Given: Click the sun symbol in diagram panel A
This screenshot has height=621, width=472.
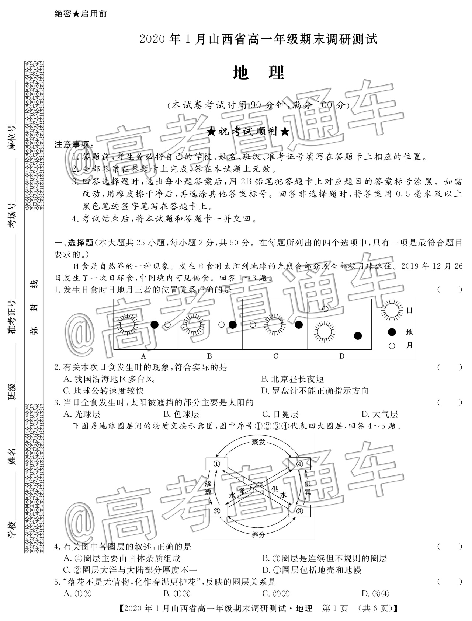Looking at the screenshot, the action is (x=127, y=325).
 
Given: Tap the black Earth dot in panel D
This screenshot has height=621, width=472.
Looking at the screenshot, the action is (x=357, y=336).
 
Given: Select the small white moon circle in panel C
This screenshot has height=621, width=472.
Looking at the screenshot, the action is (x=253, y=325).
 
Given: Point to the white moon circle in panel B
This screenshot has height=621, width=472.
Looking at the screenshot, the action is (x=221, y=325).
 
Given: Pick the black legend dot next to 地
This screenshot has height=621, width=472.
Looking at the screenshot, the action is (x=392, y=332).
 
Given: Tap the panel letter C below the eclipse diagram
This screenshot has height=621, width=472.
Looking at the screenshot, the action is (x=275, y=356).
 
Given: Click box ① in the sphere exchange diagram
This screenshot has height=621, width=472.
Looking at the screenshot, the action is (x=216, y=464).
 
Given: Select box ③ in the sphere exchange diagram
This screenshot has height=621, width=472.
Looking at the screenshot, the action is (x=299, y=511).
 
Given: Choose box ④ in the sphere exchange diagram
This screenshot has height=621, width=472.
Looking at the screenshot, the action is (x=299, y=464).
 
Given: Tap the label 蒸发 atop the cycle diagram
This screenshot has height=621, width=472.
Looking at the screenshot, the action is (x=258, y=442).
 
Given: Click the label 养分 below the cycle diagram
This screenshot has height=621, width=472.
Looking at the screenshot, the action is (x=258, y=534).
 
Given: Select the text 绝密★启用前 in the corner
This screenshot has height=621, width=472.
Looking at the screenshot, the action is (x=81, y=14).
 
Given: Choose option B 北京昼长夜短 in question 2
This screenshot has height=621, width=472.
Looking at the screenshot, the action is (x=292, y=379).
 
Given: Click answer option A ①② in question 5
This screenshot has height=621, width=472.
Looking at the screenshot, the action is (x=77, y=593).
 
